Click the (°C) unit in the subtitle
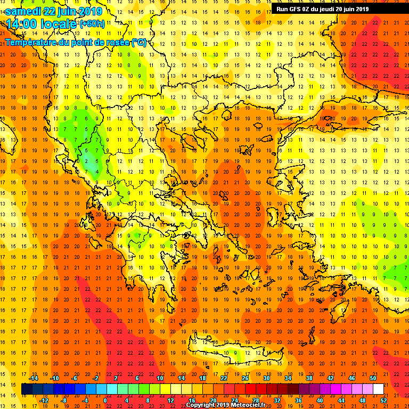[139, 42]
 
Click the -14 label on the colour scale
[33, 378]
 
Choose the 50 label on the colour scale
[373, 378]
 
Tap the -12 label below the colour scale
[44, 400]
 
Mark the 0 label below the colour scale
[105, 400]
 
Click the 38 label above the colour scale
[309, 378]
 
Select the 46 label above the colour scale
[351, 378]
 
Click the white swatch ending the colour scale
[378, 389]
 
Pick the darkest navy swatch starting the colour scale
[27, 389]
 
